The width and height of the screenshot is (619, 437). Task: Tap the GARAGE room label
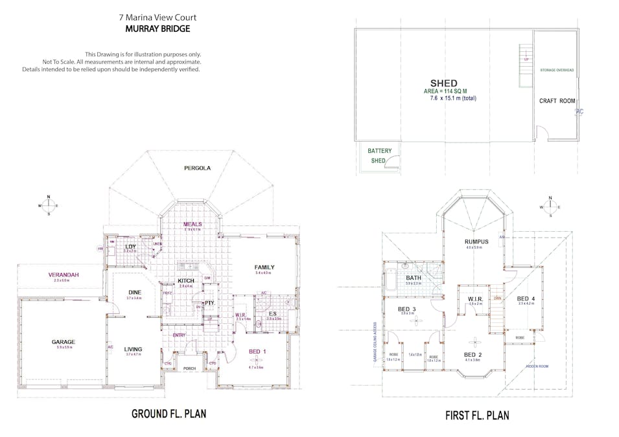pos(64,342)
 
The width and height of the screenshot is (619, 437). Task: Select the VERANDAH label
pos(64,275)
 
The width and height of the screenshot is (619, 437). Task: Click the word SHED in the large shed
pos(444,83)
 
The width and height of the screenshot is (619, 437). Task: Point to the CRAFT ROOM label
pos(557,101)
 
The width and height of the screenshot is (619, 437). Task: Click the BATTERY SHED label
pos(380,155)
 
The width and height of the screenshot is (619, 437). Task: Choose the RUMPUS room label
pos(476,240)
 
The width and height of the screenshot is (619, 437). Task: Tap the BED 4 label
pos(525,299)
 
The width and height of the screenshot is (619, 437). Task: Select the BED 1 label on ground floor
pos(257,352)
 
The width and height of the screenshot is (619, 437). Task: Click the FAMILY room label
pos(264,267)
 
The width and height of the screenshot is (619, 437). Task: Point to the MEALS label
pos(193,224)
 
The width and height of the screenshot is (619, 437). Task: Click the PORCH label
pos(189,368)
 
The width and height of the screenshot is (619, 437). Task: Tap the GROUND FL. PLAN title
pos(169,414)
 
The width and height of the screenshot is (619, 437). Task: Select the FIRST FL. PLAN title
pos(476,415)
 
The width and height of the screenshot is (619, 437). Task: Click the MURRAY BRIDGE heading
pos(158,29)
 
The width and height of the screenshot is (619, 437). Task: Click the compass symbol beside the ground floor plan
pos(49,205)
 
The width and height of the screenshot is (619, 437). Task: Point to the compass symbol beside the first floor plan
pos(550,207)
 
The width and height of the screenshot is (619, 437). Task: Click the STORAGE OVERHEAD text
pos(557,69)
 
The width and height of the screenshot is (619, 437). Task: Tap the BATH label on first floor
pos(414,278)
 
